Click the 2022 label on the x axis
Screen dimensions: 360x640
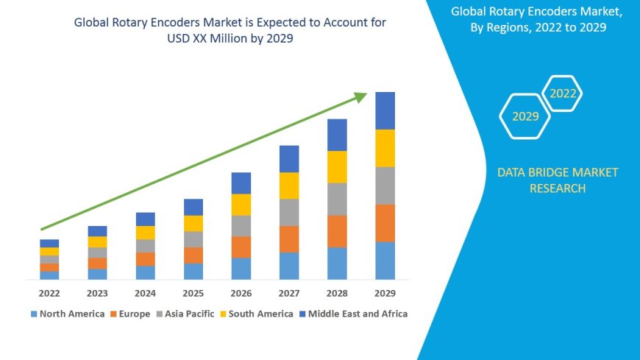point(49,292)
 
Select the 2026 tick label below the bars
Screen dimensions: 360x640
point(241,292)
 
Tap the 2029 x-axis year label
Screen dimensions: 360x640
point(385,292)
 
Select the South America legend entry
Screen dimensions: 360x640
point(257,314)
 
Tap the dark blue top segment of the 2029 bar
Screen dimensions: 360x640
point(385,110)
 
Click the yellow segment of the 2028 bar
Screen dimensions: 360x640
point(337,166)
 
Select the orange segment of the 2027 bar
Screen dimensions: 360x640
point(289,239)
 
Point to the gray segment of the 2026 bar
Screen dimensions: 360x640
point(241,225)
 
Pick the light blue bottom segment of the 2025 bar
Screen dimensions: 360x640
point(193,271)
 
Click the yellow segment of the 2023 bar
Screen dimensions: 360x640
point(97,241)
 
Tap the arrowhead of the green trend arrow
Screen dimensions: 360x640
point(360,96)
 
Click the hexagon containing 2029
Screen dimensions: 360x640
point(525,116)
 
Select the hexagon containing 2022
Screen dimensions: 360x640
point(563,93)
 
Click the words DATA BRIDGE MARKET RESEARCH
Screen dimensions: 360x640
point(557,180)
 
